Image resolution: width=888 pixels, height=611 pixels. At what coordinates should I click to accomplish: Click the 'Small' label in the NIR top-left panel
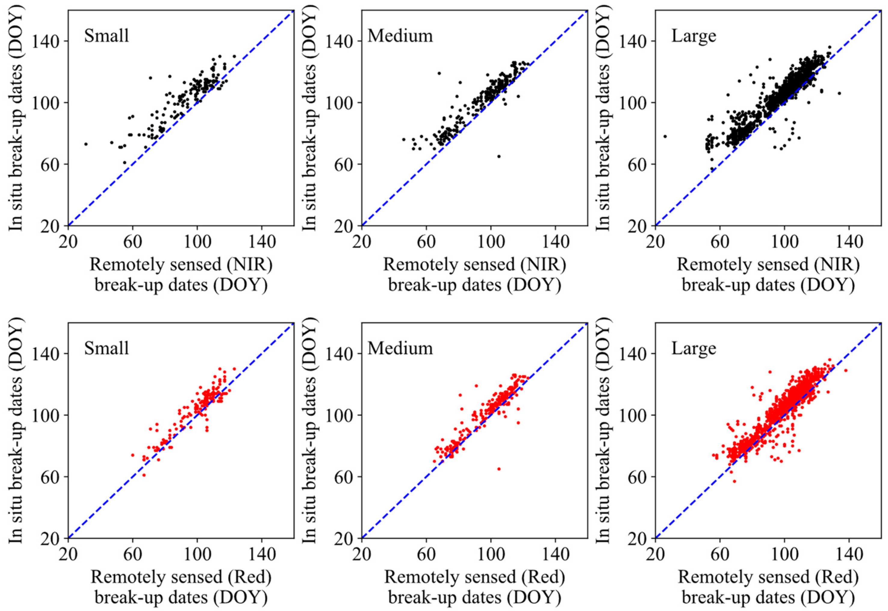[106, 36]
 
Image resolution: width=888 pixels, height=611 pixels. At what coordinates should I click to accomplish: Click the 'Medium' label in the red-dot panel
[400, 348]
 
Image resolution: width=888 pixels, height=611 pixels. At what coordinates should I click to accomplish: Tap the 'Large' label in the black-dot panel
[694, 36]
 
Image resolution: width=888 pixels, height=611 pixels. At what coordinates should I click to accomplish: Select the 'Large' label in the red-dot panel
[694, 348]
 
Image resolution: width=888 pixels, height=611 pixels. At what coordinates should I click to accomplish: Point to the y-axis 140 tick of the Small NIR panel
[45, 41]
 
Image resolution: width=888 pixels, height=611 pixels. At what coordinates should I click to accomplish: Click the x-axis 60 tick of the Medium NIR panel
[427, 242]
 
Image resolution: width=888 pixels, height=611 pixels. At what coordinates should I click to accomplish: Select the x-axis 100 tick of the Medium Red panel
[491, 555]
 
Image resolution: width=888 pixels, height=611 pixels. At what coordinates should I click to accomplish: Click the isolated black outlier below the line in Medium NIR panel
[499, 156]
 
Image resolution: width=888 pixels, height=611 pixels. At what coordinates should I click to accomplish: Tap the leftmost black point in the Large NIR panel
[665, 136]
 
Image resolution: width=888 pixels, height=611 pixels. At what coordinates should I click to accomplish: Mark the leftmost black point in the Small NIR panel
[86, 144]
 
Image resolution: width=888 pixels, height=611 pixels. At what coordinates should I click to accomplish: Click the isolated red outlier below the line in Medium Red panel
[499, 469]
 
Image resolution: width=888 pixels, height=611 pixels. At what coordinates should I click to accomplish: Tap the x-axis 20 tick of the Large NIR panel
[656, 242]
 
